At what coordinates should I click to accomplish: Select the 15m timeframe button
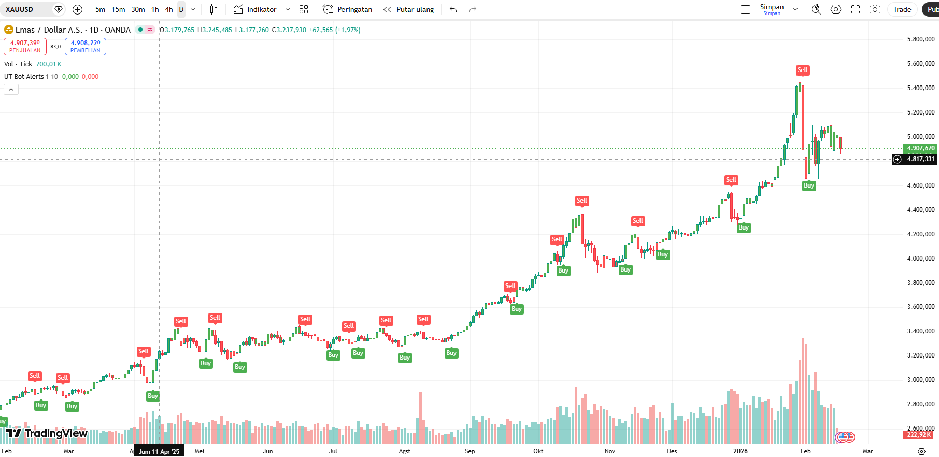coord(118,9)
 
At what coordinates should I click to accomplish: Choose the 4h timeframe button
coord(169,9)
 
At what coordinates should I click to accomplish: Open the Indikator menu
coord(255,9)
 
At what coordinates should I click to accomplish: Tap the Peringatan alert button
coord(348,9)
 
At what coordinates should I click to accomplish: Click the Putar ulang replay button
coord(409,9)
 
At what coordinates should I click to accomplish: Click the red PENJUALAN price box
coord(25,47)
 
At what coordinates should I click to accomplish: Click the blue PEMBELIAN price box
coord(86,47)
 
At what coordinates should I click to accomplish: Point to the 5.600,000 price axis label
coord(920,64)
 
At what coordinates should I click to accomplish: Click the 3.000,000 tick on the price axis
coord(920,380)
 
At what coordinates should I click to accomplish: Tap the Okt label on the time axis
coord(538,451)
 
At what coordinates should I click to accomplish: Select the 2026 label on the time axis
coord(741,451)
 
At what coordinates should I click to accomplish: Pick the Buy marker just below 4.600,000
coord(809,185)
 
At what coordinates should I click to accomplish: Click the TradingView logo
coord(47,433)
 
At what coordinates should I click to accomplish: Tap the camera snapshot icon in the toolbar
coord(875,9)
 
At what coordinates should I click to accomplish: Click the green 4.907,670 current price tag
coord(920,148)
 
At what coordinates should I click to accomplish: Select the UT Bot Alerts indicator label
coord(24,77)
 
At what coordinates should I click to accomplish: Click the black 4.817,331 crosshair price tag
coord(920,159)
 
